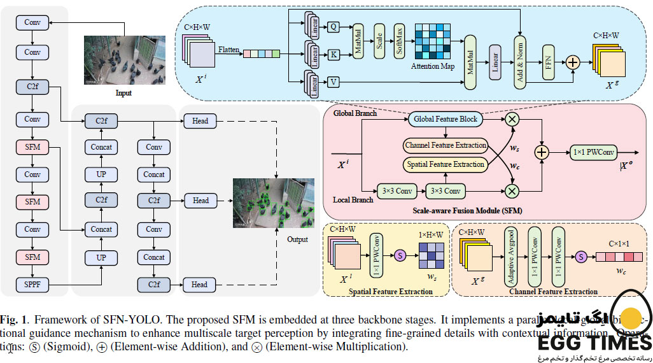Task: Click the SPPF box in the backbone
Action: coord(32,283)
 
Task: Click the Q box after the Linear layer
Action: coord(334,27)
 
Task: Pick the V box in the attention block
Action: coord(334,82)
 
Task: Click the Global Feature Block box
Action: coord(445,119)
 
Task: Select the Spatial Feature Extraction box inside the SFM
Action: coord(445,165)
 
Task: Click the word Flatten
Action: coord(229,48)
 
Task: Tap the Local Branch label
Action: coord(352,200)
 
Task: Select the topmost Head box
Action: coord(200,120)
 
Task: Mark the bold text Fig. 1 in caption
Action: coord(13,318)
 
